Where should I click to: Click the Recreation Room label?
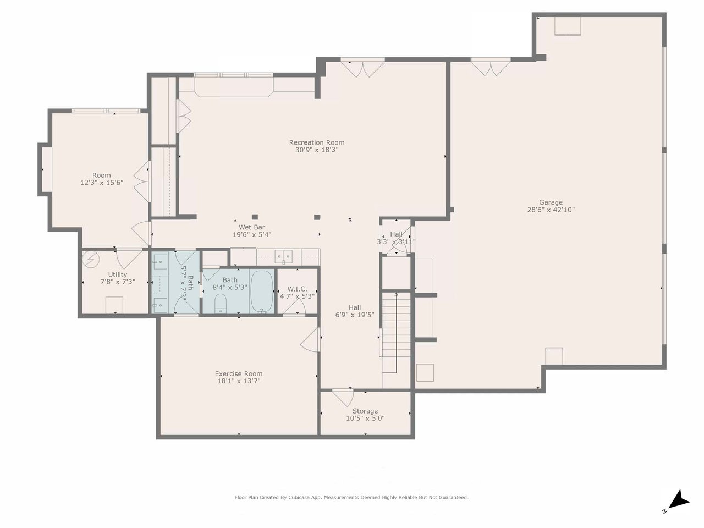coord(317,142)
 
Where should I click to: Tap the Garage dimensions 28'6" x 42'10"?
coord(551,210)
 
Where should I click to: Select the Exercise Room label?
coord(239,373)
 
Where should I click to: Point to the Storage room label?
coord(365,411)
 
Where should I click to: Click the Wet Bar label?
coord(252,227)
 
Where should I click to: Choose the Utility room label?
coord(117,274)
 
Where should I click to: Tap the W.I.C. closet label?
coord(298,289)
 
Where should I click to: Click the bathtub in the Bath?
coord(262,291)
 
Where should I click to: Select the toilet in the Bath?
coord(221,303)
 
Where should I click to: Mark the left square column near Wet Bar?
coord(255,217)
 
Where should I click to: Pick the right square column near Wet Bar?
coord(317,217)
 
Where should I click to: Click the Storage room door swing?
coord(343,398)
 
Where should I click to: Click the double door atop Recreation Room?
coord(362,69)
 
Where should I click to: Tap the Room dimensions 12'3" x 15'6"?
coord(102,183)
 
